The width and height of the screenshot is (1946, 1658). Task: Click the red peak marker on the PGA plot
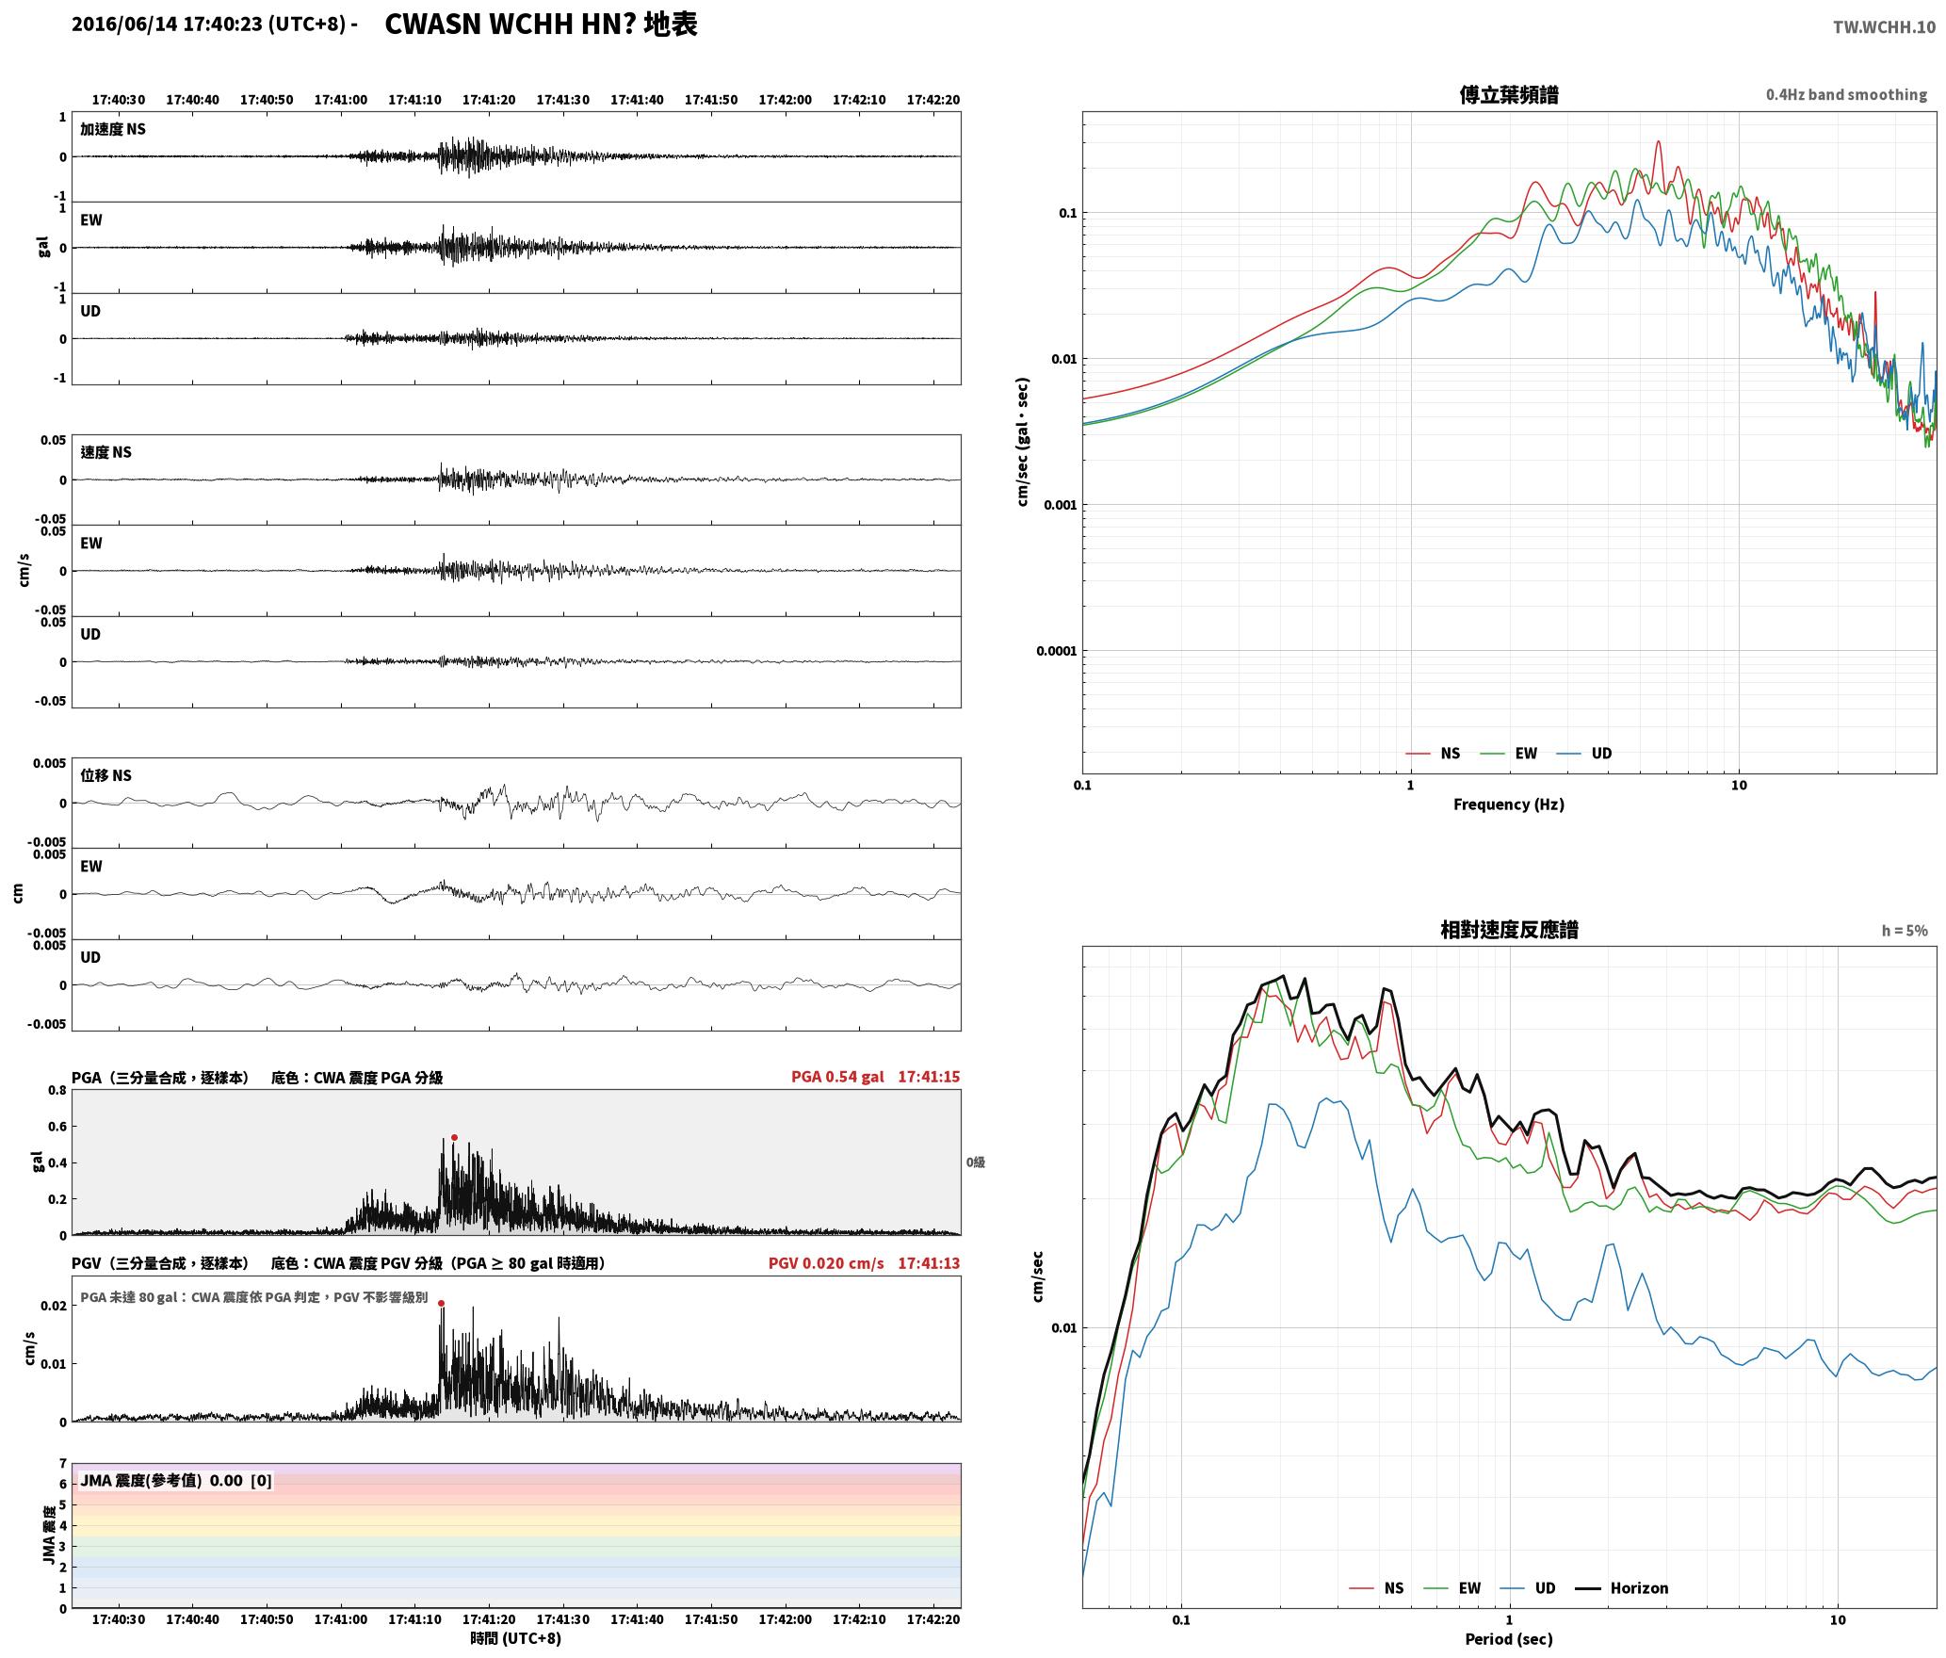click(x=454, y=1137)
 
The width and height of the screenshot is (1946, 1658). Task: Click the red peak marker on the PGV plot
click(x=441, y=1304)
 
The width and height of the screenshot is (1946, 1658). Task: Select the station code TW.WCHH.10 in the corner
click(x=1884, y=26)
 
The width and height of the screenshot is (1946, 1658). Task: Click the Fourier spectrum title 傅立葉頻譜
click(x=1508, y=94)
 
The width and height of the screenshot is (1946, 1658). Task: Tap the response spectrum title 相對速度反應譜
click(x=1509, y=929)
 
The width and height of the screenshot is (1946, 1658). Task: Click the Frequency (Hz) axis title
click(x=1508, y=804)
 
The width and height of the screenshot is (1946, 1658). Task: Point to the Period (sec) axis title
click(x=1508, y=1638)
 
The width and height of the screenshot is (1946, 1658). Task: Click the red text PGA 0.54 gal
click(x=837, y=1077)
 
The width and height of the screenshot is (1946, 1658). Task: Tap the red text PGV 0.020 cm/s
click(x=826, y=1263)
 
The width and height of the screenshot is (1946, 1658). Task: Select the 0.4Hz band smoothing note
click(x=1846, y=94)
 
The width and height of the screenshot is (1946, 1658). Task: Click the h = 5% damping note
click(x=1905, y=931)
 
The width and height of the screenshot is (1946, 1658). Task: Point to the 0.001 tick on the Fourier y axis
click(x=1060, y=505)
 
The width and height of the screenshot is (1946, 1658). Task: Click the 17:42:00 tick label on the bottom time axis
click(x=785, y=1619)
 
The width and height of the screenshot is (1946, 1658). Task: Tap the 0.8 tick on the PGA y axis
click(x=57, y=1090)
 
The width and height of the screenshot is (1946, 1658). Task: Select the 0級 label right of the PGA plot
click(x=975, y=1162)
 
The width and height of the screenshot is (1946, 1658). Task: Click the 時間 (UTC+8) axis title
click(x=516, y=1638)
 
